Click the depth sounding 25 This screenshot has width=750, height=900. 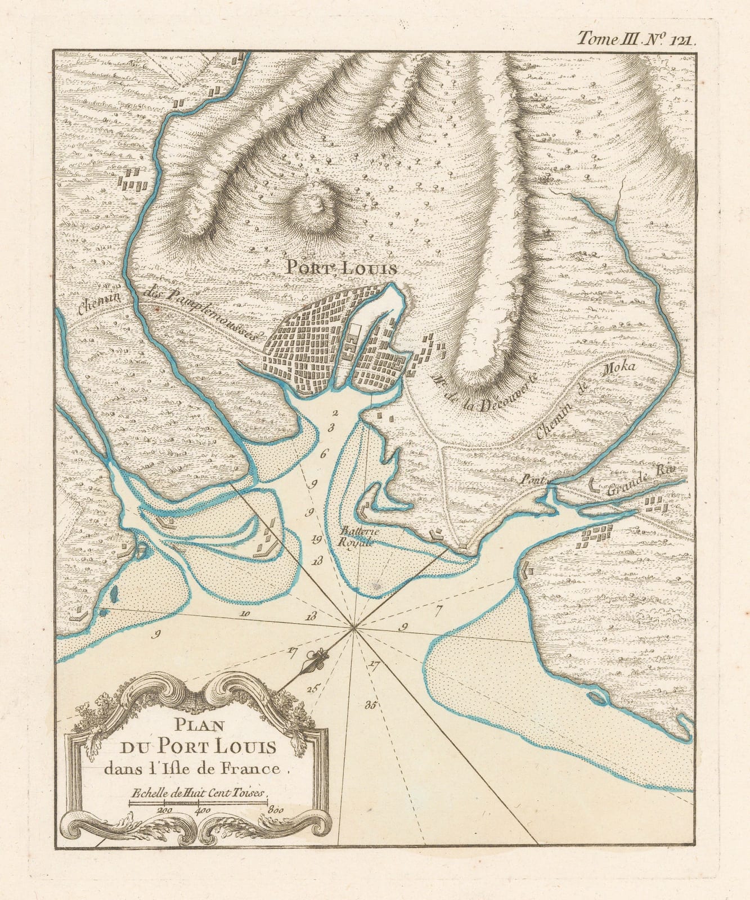[x=313, y=687]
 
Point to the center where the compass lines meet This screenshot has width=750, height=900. [x=353, y=628]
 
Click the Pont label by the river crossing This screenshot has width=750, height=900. [x=531, y=480]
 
